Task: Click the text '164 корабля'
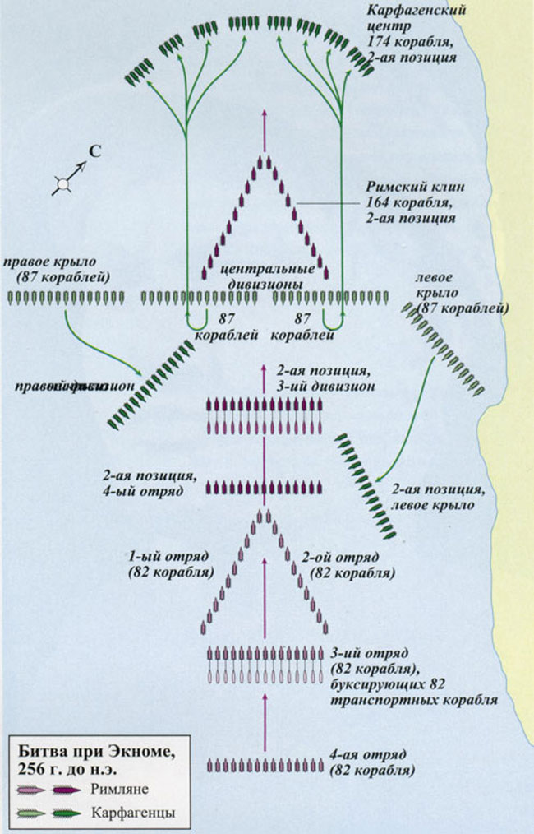pos(406,204)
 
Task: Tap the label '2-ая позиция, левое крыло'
pos(432,497)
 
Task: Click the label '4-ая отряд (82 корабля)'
pos(371,763)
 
